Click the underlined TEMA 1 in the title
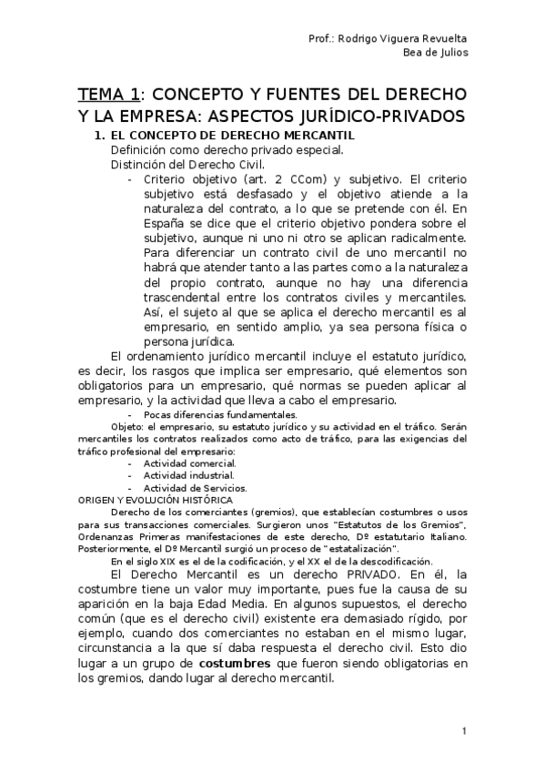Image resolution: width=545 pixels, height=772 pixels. tap(109, 95)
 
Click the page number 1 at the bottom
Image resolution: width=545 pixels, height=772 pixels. tap(464, 732)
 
